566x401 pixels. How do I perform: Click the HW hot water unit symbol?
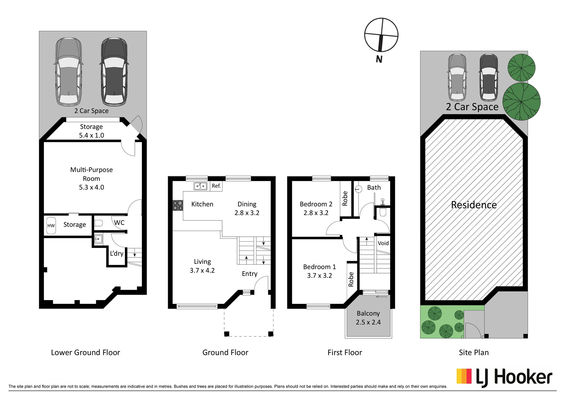coord(51,225)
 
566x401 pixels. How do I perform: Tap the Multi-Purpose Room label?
coord(92,174)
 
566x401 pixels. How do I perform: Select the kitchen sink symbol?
coord(200,186)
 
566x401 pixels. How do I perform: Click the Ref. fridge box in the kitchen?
coord(216,186)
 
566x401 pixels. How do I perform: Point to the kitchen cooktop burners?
coord(178,205)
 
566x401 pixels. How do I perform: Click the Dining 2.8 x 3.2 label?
coord(247,208)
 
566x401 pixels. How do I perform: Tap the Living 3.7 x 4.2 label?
coord(202,266)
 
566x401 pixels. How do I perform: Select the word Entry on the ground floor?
coord(250,274)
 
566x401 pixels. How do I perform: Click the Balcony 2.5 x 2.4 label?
coord(368,318)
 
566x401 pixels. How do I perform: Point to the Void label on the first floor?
coord(383,243)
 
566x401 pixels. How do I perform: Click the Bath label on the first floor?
coord(374,187)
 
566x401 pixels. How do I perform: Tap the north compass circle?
coord(381,34)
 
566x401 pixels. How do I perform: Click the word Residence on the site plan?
coord(474,205)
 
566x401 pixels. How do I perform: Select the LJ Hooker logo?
coord(504,378)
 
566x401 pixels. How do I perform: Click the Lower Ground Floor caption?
coord(85,352)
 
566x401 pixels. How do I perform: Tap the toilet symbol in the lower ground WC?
coord(99,223)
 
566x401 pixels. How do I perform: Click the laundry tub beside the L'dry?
coord(98,239)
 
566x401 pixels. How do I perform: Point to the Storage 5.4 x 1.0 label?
coord(92,131)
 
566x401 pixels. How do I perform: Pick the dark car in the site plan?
coord(489,78)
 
